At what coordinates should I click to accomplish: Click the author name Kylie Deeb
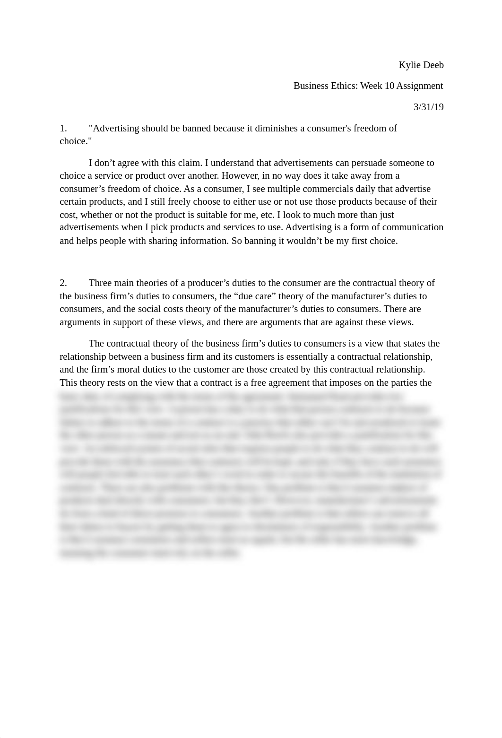(x=421, y=65)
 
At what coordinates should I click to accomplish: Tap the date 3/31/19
(x=428, y=107)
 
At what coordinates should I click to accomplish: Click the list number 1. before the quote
(x=63, y=129)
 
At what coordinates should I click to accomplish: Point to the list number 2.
(x=63, y=283)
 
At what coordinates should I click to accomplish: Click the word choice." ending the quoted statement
(x=75, y=141)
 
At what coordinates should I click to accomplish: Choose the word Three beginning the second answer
(x=100, y=283)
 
